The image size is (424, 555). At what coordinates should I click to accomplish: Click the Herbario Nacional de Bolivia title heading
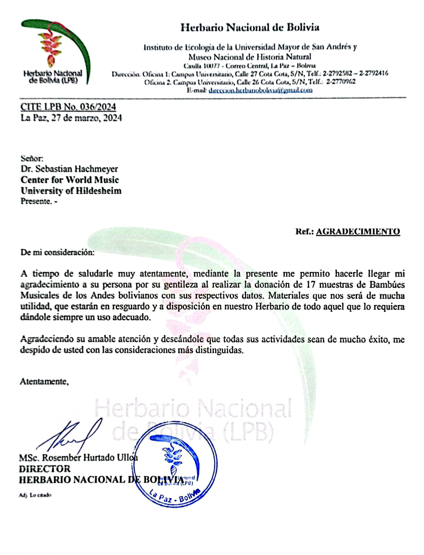coord(250,28)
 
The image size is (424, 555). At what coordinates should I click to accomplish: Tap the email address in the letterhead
coord(260,90)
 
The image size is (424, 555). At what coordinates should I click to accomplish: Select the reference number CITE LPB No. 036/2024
coord(68,107)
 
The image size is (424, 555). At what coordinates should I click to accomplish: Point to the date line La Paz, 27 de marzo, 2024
coord(71,118)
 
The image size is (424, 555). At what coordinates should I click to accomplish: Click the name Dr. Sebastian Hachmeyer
coord(69,169)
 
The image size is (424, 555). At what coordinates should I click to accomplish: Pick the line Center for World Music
coord(69,180)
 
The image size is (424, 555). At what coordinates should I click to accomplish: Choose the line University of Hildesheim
coord(71,191)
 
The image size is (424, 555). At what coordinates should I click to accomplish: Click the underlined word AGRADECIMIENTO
coord(358,231)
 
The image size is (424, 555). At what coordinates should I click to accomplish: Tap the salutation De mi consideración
coord(57,252)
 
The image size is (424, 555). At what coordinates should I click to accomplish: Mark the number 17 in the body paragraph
coord(311,284)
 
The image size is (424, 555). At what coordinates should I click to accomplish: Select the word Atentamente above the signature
coord(44,382)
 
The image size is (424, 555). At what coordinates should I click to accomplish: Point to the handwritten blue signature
coord(70,436)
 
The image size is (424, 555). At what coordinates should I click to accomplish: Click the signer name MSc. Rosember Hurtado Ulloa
coord(78,458)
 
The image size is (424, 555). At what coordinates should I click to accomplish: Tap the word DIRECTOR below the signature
coord(44,469)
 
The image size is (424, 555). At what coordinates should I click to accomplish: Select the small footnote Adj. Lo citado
coord(35,495)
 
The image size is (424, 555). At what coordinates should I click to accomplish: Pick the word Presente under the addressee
coord(36,201)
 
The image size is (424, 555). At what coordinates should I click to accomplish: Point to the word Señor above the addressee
coord(32,158)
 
